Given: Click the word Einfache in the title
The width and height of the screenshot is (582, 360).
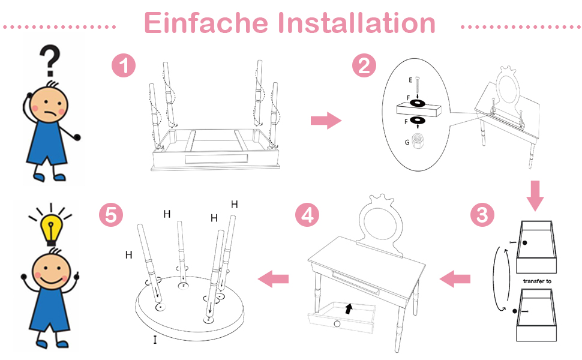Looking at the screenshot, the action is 206,23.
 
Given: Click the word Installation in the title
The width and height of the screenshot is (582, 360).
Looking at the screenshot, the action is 356,23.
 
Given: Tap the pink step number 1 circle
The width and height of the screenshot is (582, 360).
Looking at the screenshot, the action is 124,65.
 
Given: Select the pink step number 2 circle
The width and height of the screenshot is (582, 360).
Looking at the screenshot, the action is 364,65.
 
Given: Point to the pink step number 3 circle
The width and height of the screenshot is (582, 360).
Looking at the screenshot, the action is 482,215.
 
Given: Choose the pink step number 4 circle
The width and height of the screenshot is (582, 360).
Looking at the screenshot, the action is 307,215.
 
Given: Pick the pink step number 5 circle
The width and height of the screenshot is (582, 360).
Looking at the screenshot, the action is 111,215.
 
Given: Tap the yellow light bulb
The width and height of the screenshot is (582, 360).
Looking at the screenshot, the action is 51,228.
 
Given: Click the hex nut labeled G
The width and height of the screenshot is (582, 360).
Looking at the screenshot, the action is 418,140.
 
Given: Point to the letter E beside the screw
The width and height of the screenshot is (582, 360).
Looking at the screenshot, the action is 410,80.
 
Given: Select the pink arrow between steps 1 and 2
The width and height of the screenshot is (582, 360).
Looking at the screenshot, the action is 326,120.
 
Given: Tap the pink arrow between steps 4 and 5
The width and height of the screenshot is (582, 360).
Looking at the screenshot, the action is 273,279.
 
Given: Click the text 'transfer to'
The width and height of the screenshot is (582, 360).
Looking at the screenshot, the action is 537,281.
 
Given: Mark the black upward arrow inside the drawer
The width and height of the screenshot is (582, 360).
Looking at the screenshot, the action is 348,308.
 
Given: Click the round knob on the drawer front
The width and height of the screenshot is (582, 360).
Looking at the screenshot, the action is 337,324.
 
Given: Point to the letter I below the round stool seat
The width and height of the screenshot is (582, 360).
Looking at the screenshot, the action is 155,340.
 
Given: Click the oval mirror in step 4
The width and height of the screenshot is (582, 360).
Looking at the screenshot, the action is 383,224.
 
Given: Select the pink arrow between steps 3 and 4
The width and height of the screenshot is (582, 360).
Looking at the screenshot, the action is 455,279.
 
